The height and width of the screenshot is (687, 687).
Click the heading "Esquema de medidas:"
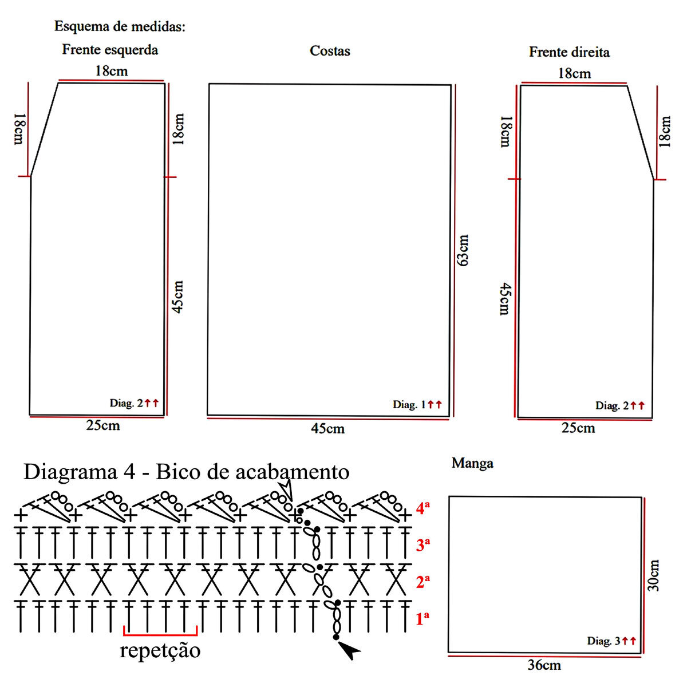click(120, 26)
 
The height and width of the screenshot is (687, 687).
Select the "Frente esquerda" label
click(110, 50)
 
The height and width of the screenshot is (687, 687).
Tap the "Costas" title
click(330, 51)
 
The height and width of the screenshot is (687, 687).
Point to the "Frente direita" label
click(569, 52)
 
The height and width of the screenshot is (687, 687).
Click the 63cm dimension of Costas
click(463, 250)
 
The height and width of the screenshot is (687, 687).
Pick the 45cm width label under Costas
click(328, 429)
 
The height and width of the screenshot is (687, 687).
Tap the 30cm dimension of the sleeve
click(654, 575)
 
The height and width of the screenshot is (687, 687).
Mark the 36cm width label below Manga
click(544, 665)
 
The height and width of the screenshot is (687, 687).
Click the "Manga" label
click(472, 463)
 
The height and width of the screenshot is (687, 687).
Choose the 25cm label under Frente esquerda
click(103, 425)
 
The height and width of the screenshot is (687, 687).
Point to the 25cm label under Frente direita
click(578, 428)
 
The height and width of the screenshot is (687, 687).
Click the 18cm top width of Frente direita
click(574, 73)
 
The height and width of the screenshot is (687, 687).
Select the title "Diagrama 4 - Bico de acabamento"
click(186, 472)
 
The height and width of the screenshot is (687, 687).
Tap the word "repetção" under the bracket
click(160, 651)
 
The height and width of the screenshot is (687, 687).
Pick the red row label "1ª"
click(423, 618)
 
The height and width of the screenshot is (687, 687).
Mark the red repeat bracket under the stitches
click(160, 633)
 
